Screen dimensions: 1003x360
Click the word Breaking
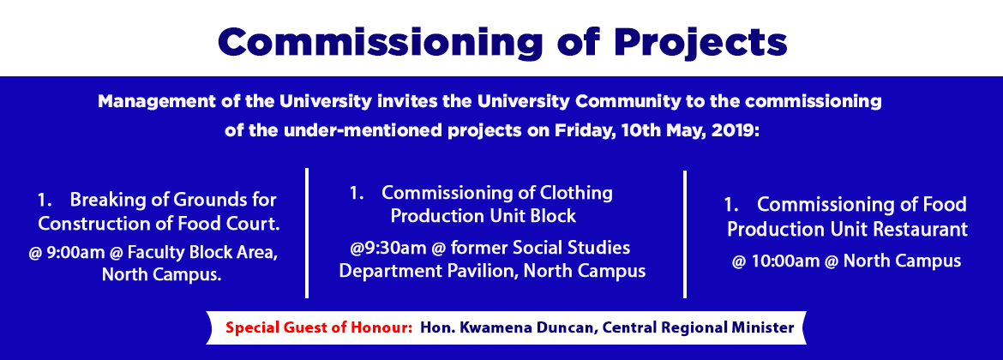pyautogui.click(x=102, y=200)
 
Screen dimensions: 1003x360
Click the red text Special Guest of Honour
pyautogui.click(x=318, y=328)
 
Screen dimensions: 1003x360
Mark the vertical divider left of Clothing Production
pyautogui.click(x=307, y=233)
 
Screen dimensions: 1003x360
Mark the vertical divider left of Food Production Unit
pyautogui.click(x=684, y=234)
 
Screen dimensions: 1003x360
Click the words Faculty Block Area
pyautogui.click(x=202, y=253)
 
